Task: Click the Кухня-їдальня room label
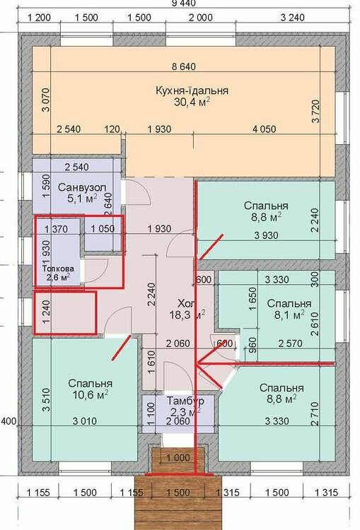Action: point(192,90)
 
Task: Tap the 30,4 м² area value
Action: point(192,102)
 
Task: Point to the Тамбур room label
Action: point(185,401)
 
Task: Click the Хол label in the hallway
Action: point(187,302)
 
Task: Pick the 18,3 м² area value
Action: point(187,314)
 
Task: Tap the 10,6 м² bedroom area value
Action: point(91,394)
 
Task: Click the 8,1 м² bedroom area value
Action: point(289,315)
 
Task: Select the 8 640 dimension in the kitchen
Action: point(183,66)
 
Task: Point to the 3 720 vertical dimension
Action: point(315,112)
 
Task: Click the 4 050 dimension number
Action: point(265,129)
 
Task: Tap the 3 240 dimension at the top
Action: point(292,17)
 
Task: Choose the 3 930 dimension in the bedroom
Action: point(266,235)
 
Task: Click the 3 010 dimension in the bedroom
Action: point(85,421)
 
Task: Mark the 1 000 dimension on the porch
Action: point(178,458)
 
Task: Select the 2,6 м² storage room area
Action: point(59,278)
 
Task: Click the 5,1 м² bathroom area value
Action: point(82,199)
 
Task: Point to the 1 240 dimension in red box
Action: point(47,312)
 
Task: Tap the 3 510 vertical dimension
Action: point(47,399)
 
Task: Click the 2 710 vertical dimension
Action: point(315,413)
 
